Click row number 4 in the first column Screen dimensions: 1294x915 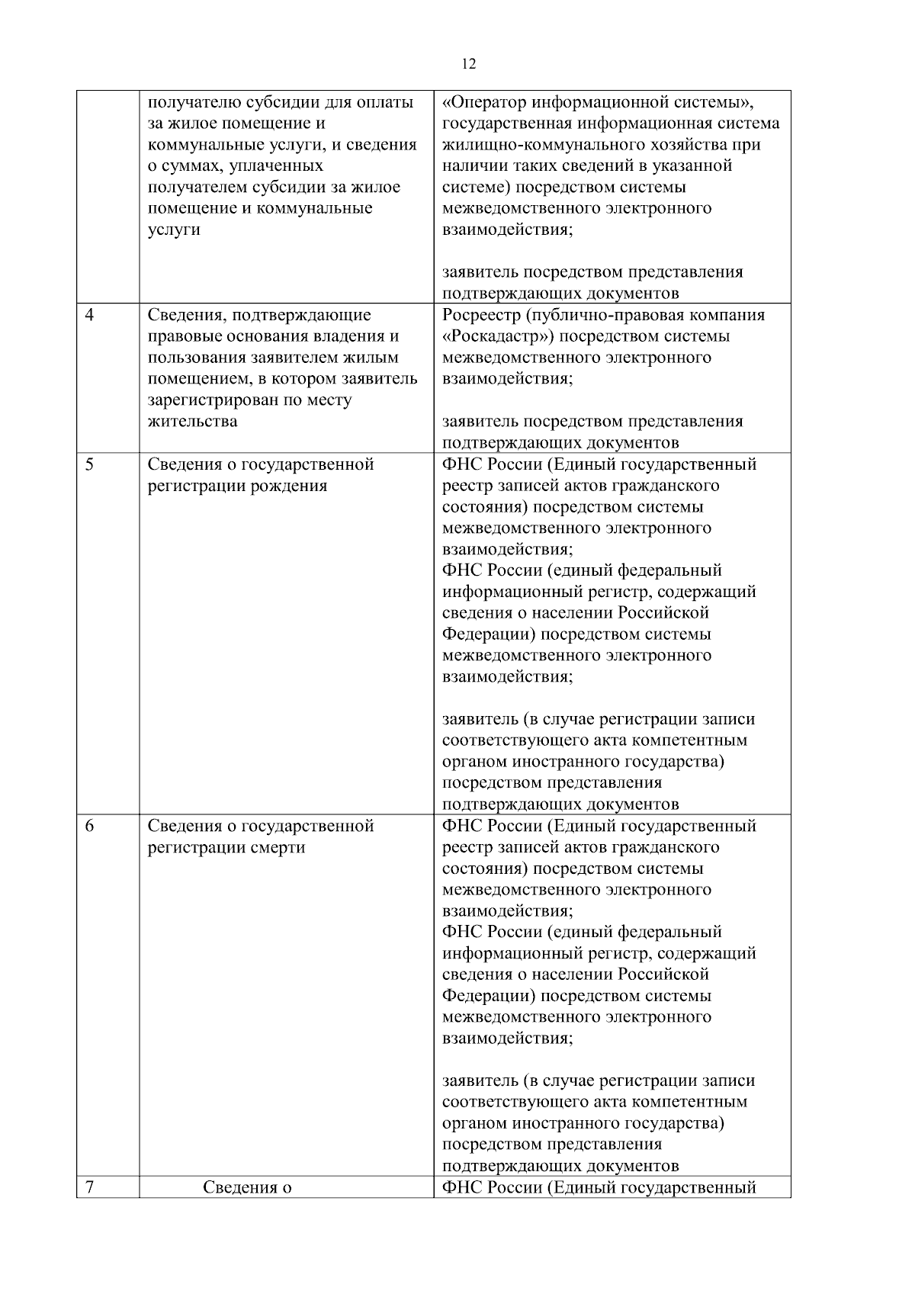point(89,315)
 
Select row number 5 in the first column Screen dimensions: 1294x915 point(89,464)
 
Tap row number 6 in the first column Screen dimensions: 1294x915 point(89,826)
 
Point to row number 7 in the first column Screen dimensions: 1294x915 point(89,1187)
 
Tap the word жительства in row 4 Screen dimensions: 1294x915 point(192,422)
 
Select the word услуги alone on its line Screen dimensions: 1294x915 point(174,230)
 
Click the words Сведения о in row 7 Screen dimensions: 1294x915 point(248,1187)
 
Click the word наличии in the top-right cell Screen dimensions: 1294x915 point(470,166)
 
